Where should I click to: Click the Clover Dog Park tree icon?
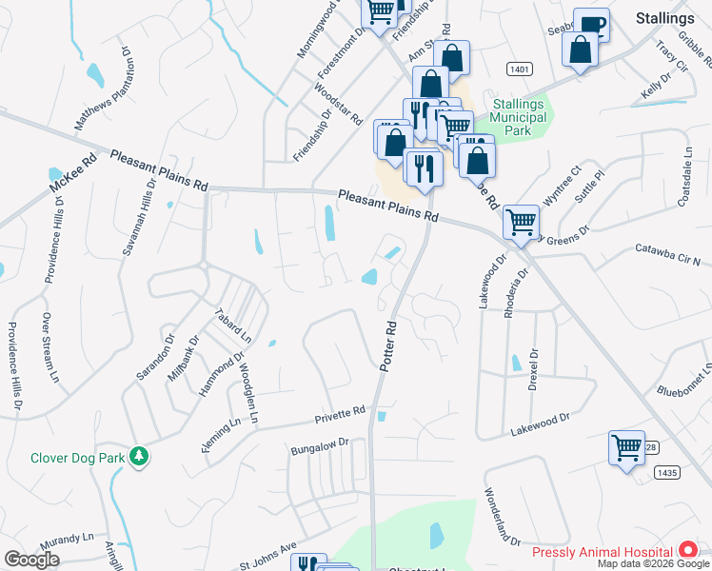click(140, 458)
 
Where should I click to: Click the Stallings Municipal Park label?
click(519, 117)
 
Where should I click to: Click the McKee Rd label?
click(75, 170)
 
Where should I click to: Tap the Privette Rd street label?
click(341, 415)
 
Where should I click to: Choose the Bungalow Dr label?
click(321, 443)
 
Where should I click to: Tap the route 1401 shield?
click(519, 69)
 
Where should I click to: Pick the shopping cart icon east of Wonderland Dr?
click(626, 447)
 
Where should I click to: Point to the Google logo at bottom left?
click(31, 560)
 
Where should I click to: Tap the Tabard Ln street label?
click(233, 325)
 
